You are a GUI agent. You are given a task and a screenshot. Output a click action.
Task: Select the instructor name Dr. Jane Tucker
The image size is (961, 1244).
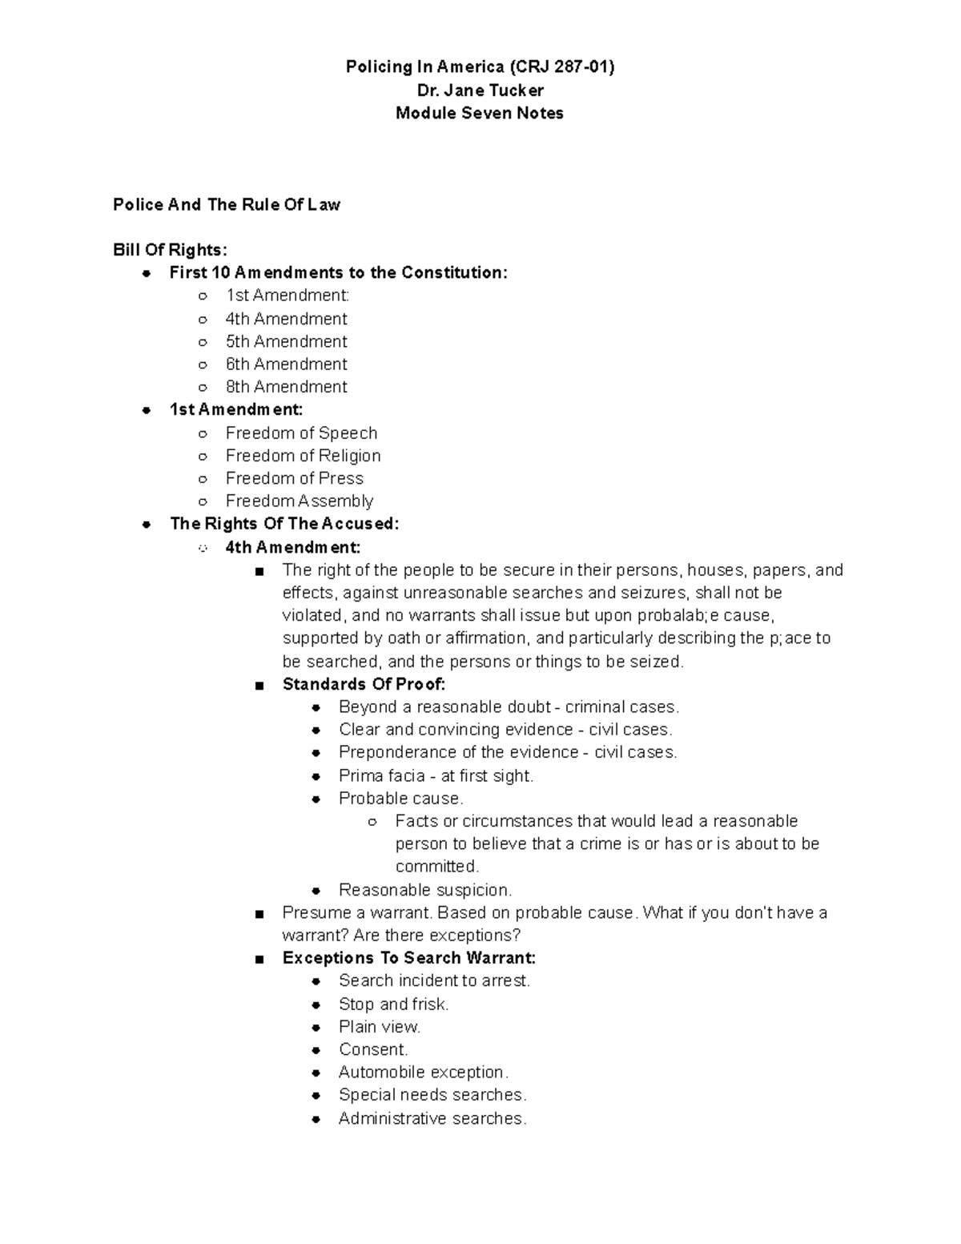(x=480, y=91)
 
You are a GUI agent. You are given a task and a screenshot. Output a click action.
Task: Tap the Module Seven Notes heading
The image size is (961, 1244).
(x=480, y=113)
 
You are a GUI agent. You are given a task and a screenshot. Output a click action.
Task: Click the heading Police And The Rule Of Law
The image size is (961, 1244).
(x=227, y=205)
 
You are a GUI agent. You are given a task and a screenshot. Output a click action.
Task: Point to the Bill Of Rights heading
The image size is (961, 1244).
(x=170, y=250)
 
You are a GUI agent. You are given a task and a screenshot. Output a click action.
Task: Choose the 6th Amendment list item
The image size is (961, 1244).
(x=286, y=364)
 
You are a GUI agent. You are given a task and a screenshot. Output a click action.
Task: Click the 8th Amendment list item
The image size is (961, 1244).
(x=286, y=387)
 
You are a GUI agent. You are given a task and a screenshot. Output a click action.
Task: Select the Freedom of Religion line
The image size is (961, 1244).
(x=303, y=456)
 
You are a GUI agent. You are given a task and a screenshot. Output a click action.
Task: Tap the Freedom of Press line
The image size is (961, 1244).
(x=294, y=478)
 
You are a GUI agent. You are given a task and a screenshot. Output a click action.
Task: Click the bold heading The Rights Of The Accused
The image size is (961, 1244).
(x=284, y=524)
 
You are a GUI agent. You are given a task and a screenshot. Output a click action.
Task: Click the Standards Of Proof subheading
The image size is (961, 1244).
(x=364, y=685)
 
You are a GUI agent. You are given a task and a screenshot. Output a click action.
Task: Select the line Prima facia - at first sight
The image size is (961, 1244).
(x=436, y=776)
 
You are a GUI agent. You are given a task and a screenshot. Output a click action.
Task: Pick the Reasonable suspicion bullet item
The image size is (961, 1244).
(x=424, y=890)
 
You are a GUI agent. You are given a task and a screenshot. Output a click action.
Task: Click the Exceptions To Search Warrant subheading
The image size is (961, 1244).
(x=408, y=958)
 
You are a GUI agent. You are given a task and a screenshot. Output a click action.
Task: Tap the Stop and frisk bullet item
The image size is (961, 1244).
(x=393, y=1004)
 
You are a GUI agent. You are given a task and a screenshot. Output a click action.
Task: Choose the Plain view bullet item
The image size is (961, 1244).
(x=379, y=1027)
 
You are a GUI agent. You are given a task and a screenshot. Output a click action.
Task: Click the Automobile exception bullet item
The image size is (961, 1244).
(x=423, y=1073)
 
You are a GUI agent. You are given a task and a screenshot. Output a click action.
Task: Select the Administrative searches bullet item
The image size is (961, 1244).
(x=432, y=1119)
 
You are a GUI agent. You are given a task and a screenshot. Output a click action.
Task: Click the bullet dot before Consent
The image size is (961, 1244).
(x=317, y=1050)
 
